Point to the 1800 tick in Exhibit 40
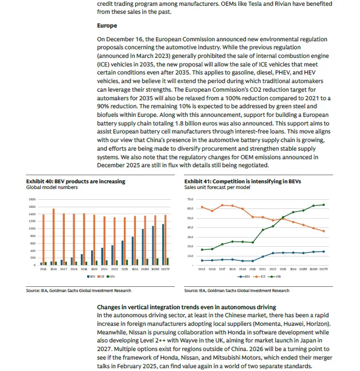point(33,199)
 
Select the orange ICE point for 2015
point(202,207)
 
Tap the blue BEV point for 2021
point(263,256)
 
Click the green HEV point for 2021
point(263,230)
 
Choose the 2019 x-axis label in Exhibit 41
point(243,269)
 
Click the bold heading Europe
point(107,26)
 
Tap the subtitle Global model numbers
point(51,187)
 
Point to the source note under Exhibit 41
point(236,291)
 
